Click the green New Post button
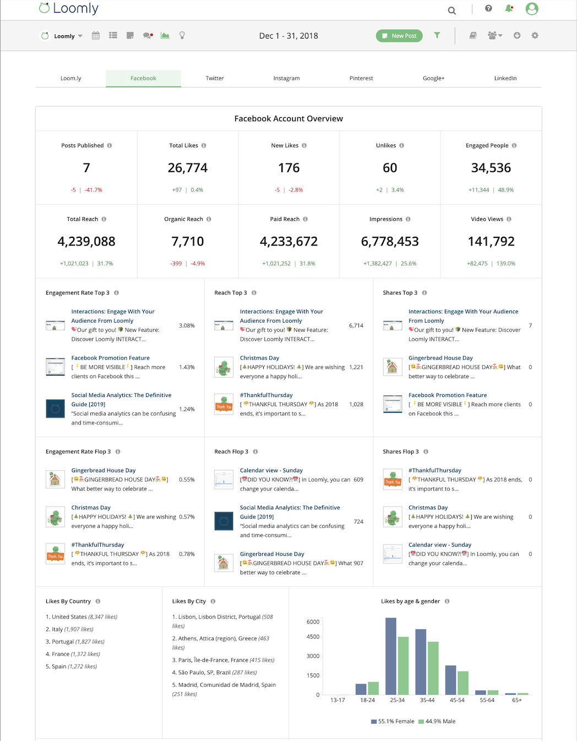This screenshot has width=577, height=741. (x=399, y=36)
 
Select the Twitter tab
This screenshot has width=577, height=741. (x=215, y=78)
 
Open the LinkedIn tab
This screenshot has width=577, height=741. (x=505, y=78)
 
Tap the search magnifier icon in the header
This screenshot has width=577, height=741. (x=452, y=10)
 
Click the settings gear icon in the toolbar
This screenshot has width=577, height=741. (x=535, y=35)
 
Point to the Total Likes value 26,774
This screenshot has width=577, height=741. (x=188, y=168)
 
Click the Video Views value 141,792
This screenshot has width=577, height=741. (x=491, y=242)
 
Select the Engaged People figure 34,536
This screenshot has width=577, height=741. (x=491, y=168)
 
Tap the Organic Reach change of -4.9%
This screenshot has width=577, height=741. (x=198, y=264)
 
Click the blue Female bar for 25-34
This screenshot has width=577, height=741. (x=391, y=656)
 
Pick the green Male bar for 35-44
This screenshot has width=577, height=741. (x=433, y=668)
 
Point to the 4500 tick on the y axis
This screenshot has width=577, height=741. (x=313, y=637)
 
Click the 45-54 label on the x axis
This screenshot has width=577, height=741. (x=457, y=700)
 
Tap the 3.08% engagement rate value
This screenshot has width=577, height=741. (x=187, y=325)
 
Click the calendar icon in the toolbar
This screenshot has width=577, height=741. (x=96, y=35)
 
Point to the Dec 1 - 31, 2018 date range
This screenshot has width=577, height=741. (x=288, y=36)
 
